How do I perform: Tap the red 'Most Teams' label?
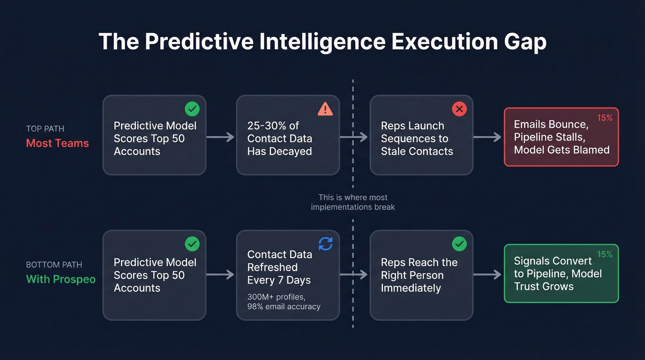coord(57,143)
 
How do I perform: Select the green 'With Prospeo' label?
coord(60,279)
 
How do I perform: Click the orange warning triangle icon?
coord(325,109)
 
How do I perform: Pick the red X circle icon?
coord(459,109)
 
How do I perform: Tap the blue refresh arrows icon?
coord(325,244)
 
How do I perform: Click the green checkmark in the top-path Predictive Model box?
coord(192,109)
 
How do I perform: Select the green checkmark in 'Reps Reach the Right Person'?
coord(459,244)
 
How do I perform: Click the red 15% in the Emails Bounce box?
coord(604,118)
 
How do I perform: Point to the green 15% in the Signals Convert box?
coord(604,254)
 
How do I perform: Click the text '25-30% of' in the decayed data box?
coord(273,126)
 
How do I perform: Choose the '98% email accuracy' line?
coord(283,307)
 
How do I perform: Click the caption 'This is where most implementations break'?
coord(353,202)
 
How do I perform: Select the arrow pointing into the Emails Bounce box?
coord(488,137)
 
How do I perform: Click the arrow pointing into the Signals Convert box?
coord(488,275)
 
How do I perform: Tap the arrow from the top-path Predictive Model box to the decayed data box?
coord(221,137)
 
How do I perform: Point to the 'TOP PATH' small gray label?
coord(45,129)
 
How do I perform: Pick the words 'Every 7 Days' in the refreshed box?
coord(279,280)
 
